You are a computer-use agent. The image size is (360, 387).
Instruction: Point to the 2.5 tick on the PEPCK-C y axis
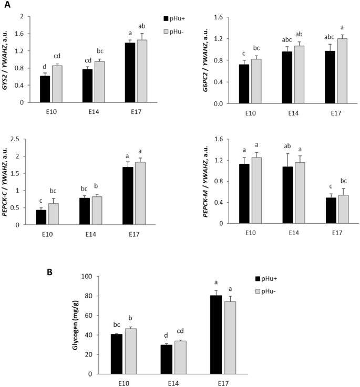click(22, 139)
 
